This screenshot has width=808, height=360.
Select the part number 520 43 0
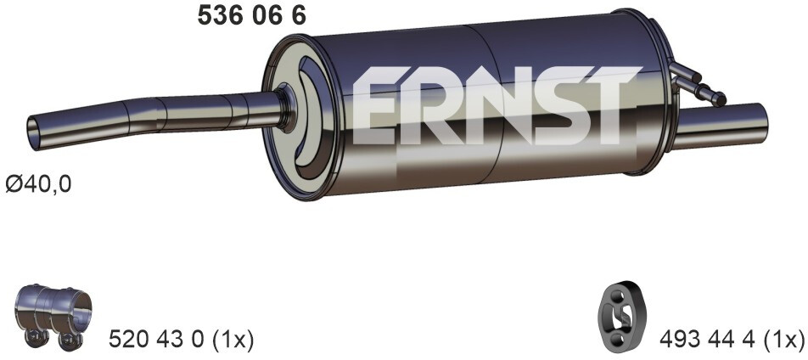156,340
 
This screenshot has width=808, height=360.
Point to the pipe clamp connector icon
53,315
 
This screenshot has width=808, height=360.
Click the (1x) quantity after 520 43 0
228,340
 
